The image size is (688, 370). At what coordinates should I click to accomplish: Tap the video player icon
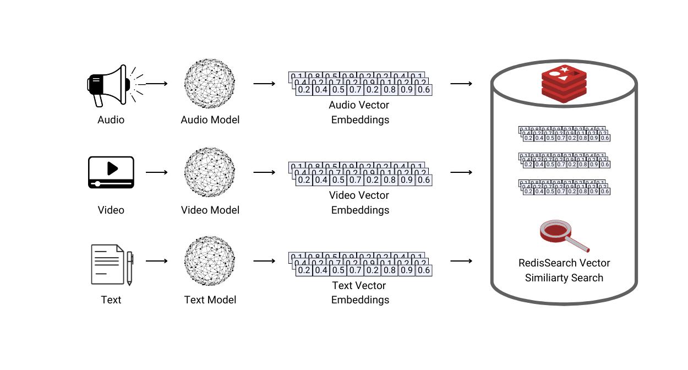(111, 172)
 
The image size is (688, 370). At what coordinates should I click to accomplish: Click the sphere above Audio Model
(210, 83)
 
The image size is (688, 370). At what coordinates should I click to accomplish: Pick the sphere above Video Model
(210, 172)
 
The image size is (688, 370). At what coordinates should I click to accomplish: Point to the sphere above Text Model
(210, 262)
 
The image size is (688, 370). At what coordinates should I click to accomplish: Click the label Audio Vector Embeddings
(359, 112)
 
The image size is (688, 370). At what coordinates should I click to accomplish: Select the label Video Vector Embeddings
(359, 203)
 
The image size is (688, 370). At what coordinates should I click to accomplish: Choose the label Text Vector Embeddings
(359, 293)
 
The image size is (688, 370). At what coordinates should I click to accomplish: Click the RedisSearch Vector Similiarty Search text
(564, 270)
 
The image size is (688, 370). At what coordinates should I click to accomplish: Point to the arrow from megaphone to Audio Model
(156, 84)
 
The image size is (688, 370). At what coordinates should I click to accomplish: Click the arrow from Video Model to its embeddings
(264, 172)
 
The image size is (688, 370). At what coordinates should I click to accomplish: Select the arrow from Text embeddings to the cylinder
(461, 261)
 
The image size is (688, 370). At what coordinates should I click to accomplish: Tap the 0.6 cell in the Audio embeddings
(424, 90)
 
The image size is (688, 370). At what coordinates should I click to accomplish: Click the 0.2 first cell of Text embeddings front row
(304, 270)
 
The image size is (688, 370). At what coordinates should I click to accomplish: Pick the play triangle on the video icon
(112, 168)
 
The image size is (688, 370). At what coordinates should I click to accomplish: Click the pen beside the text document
(130, 269)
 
